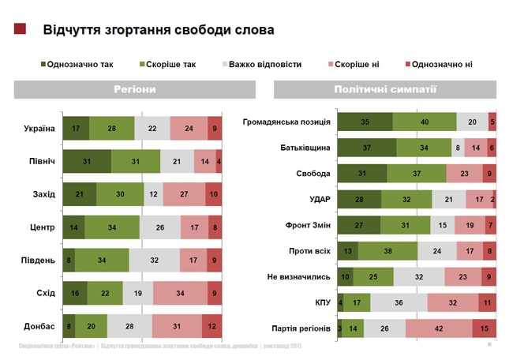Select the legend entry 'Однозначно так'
point(77,65)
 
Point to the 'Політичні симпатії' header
point(385,90)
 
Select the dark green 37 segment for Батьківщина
point(367,148)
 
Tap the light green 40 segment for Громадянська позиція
point(425,122)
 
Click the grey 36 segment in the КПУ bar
point(399,302)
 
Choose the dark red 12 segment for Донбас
point(211,325)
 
